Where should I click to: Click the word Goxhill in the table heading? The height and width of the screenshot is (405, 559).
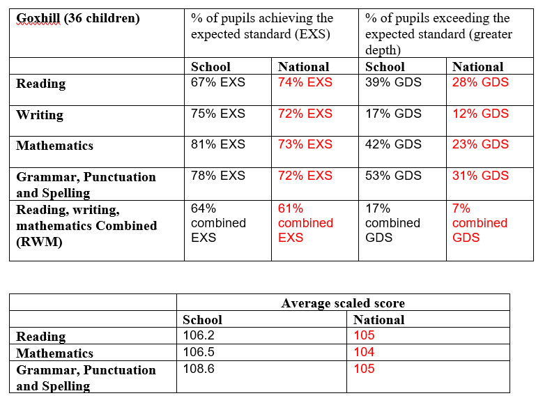click(x=38, y=19)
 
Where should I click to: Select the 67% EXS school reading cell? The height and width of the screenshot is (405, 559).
click(x=218, y=82)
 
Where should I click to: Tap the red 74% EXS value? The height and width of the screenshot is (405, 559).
click(x=305, y=82)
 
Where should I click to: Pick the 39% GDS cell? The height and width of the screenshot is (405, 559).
click(x=393, y=82)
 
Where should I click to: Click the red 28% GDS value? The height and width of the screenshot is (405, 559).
click(x=480, y=82)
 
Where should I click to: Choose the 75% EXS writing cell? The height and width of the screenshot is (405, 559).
click(x=218, y=114)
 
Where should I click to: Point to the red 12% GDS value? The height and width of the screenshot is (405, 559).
click(x=480, y=114)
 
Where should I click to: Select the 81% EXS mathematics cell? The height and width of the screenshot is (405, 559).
click(x=218, y=144)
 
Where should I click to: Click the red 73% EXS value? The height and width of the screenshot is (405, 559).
click(x=305, y=144)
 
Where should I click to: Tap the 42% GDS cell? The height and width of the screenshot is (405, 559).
click(x=393, y=144)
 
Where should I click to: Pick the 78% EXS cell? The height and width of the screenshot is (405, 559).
click(x=218, y=176)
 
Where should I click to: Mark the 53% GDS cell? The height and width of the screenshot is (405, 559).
click(x=393, y=176)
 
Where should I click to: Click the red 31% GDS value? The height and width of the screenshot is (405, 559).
click(x=480, y=176)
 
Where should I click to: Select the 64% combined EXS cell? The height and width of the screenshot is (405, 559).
click(x=218, y=223)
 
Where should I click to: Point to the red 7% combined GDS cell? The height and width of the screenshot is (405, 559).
click(x=480, y=223)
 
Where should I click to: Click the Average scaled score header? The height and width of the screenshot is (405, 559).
click(x=343, y=303)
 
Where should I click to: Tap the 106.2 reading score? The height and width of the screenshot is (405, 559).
click(x=199, y=335)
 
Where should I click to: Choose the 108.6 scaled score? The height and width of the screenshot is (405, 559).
click(x=199, y=369)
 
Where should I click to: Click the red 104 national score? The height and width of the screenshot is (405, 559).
click(x=364, y=352)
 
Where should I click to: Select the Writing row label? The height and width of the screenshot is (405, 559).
click(x=40, y=115)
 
